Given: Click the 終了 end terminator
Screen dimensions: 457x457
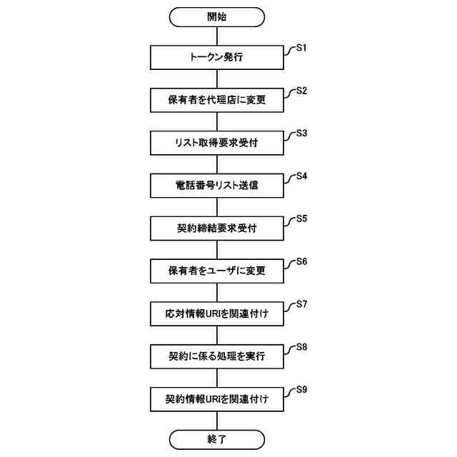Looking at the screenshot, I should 217,438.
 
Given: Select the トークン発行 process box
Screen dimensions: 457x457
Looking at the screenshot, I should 217,57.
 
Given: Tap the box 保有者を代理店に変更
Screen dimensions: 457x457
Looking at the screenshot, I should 217,100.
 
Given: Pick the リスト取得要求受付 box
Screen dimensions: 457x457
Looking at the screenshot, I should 217,143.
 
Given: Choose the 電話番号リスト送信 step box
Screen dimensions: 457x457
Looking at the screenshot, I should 217,186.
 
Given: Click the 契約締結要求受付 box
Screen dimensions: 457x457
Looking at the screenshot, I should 217,228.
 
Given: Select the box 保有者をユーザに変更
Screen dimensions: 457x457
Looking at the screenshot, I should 217,271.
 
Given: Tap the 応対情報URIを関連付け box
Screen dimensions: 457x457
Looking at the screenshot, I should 217,313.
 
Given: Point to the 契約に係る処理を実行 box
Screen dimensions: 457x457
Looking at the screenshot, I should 217,356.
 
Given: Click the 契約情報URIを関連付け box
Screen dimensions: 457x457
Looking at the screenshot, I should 217,398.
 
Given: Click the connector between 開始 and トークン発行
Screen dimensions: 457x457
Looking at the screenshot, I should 217,36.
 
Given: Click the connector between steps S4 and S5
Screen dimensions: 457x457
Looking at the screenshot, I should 217,207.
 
